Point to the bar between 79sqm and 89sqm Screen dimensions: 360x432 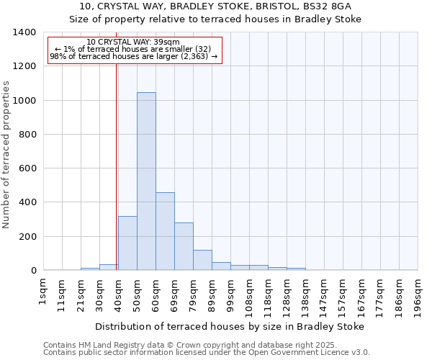click(x=202, y=260)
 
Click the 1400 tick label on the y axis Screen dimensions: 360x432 click(x=24, y=32)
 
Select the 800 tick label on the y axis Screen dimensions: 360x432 click(x=27, y=135)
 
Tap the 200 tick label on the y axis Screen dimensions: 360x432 click(x=27, y=237)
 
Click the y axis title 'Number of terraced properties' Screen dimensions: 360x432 click(x=7, y=155)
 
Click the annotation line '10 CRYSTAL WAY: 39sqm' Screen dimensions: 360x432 click(x=133, y=42)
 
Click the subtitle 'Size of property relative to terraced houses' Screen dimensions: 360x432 click(x=215, y=19)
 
